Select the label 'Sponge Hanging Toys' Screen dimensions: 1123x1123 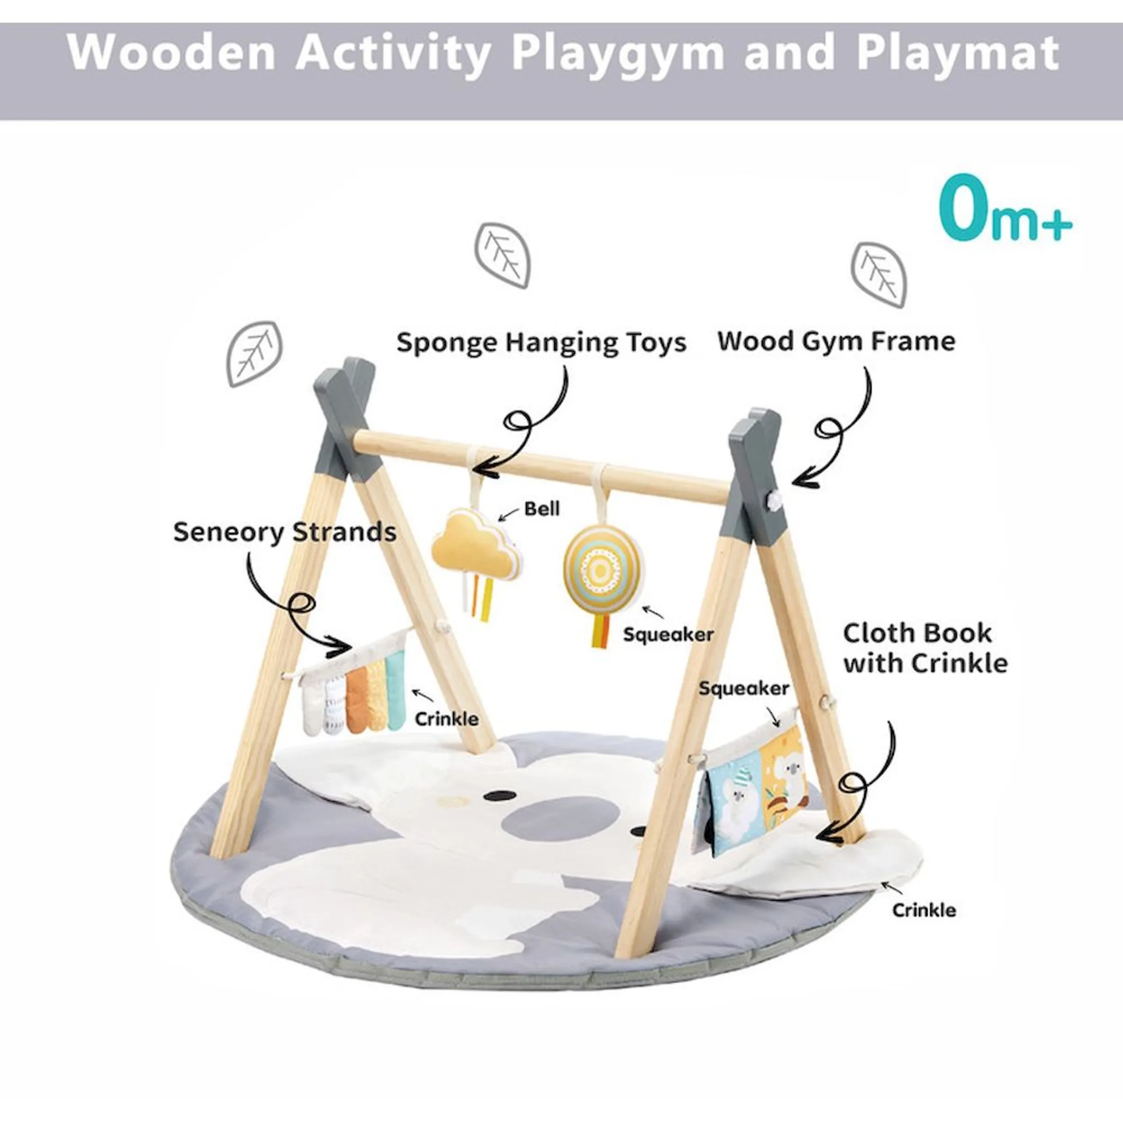541,342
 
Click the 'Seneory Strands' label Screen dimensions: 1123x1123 285,532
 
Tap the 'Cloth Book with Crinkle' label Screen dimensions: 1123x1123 925,648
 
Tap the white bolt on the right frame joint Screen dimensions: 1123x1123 775,498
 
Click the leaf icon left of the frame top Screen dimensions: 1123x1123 254,354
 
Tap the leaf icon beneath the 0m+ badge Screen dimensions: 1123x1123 878,274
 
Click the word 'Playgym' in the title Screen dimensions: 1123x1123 618,54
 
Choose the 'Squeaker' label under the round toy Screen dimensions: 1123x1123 668,634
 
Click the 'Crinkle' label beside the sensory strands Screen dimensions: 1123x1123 447,719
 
